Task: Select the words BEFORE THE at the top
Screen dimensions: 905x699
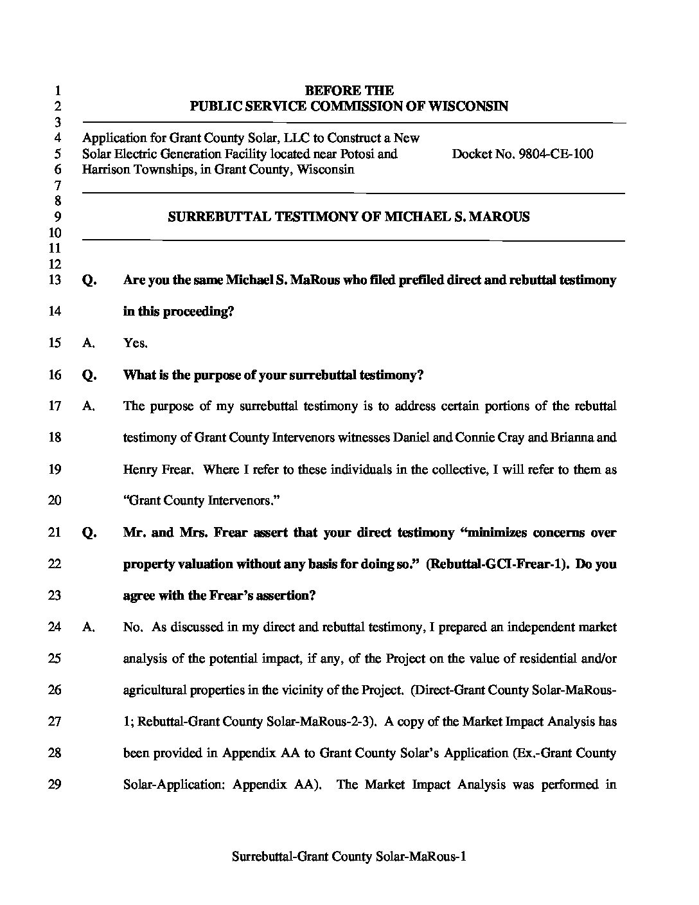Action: [x=349, y=91]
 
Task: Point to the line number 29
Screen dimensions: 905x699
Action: [x=55, y=784]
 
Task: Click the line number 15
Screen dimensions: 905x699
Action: [x=55, y=343]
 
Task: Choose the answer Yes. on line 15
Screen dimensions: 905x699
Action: [x=136, y=343]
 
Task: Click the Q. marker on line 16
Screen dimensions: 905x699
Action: [x=89, y=375]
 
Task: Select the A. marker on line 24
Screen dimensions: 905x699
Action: [x=89, y=627]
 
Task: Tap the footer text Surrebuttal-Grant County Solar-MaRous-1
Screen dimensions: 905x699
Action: [x=349, y=857]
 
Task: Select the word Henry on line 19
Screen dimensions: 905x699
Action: [x=140, y=469]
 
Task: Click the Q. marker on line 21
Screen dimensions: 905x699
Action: [x=89, y=533]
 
